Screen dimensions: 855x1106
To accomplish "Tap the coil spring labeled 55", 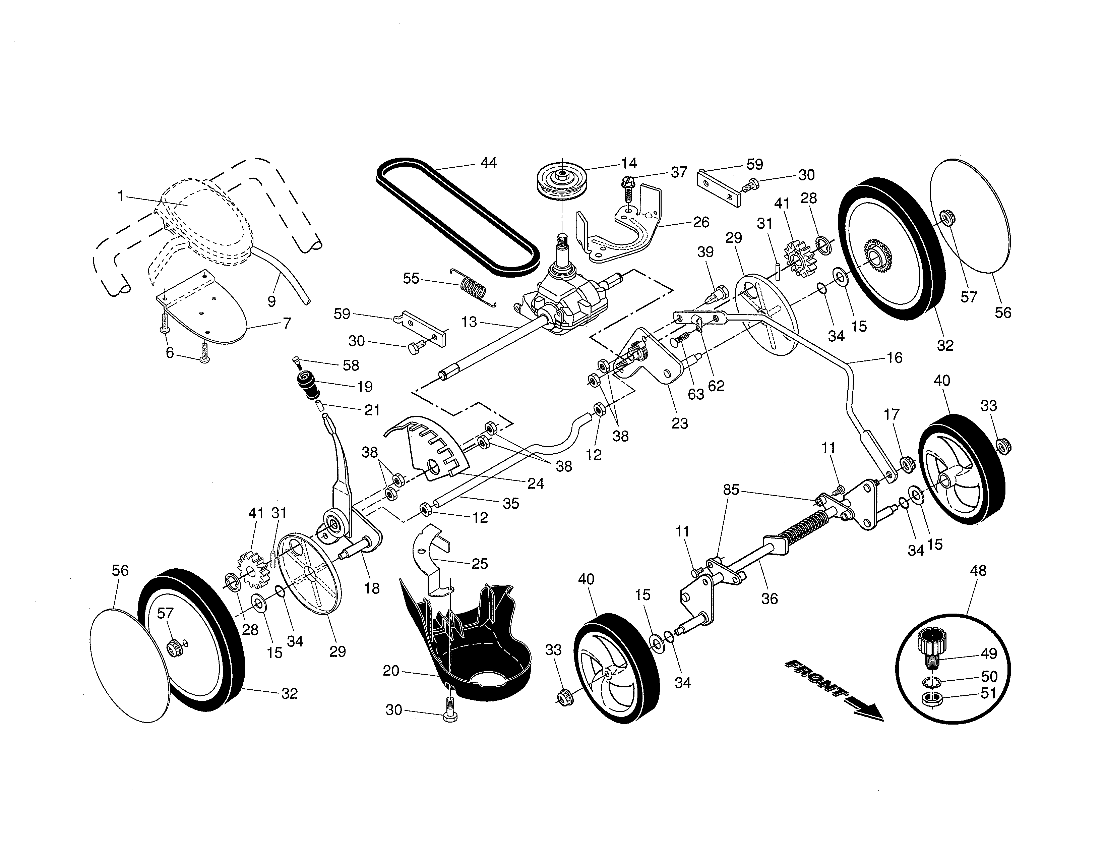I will tap(474, 289).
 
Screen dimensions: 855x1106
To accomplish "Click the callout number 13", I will tap(469, 322).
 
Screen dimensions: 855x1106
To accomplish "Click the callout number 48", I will tap(978, 571).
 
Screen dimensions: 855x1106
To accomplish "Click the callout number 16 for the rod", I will tap(894, 358).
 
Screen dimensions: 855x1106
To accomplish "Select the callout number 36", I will tap(769, 599).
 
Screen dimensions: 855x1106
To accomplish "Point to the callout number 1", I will tap(121, 195).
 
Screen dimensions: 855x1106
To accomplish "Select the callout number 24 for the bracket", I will tap(535, 484).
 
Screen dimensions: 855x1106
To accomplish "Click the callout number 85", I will tap(731, 490).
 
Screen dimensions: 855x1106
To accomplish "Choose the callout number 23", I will tap(680, 423).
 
